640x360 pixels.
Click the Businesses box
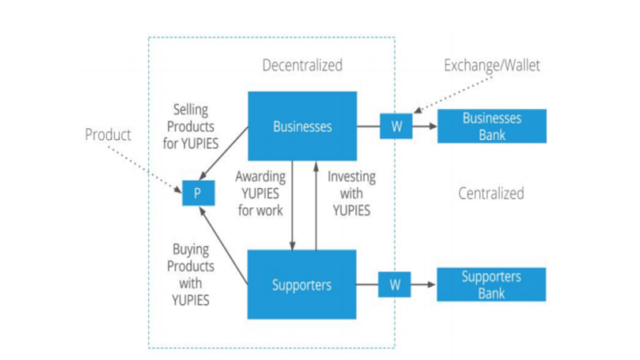pyautogui.click(x=302, y=126)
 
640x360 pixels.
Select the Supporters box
pyautogui.click(x=302, y=284)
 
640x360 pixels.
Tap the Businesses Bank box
pyautogui.click(x=492, y=126)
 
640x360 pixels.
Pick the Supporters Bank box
pyautogui.click(x=492, y=284)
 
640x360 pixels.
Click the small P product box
pyautogui.click(x=193, y=194)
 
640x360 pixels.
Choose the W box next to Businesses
pyautogui.click(x=395, y=126)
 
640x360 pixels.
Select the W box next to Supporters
pyautogui.click(x=395, y=284)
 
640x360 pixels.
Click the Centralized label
pyautogui.click(x=491, y=193)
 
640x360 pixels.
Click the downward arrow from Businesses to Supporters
pyautogui.click(x=294, y=205)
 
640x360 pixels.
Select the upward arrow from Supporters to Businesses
pyautogui.click(x=317, y=205)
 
